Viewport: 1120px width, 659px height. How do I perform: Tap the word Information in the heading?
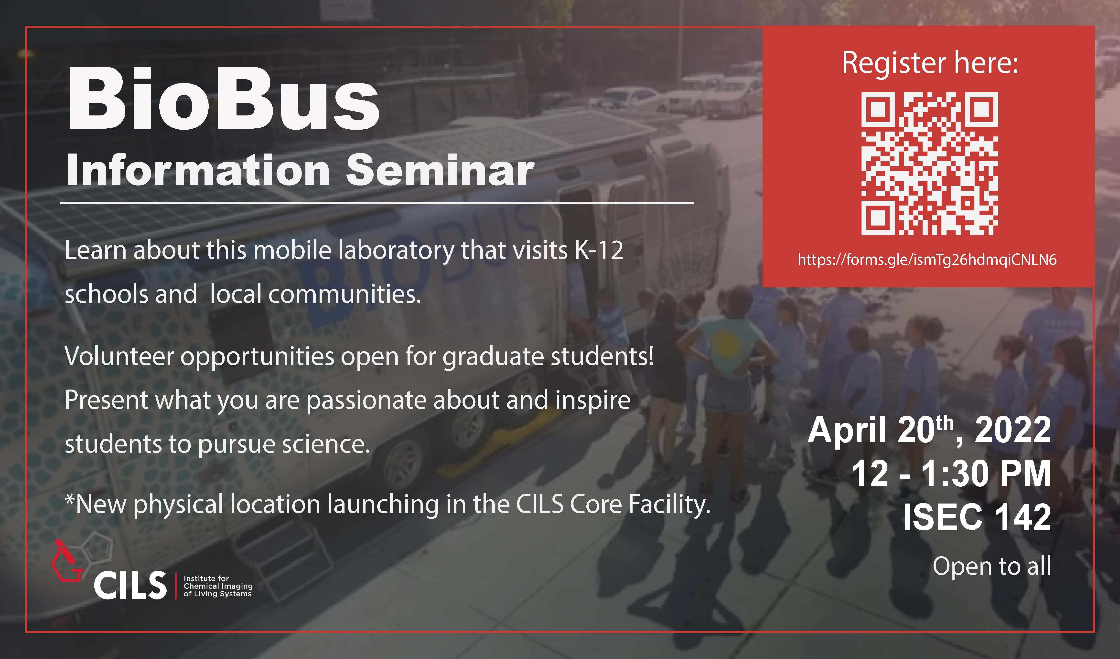197,171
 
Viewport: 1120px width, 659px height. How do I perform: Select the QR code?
929,164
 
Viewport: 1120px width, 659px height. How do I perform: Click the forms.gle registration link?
927,259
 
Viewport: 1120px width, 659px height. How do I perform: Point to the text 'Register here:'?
930,63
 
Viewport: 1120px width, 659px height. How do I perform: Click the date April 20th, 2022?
929,430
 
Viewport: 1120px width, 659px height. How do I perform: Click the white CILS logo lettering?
130,585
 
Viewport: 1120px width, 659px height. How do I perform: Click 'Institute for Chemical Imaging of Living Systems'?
218,586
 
